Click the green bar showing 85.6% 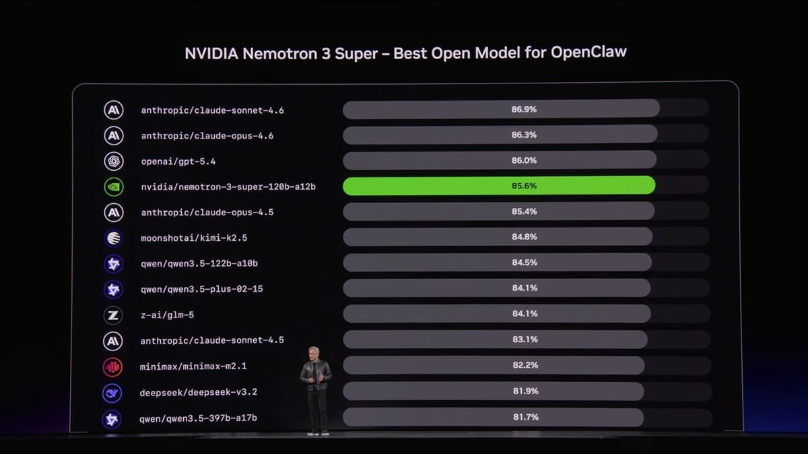tap(498, 186)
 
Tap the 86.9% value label tap(524, 109)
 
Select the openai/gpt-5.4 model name tap(178, 161)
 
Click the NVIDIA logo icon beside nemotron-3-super tap(113, 186)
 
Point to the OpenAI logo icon tap(113, 161)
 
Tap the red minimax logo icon tap(112, 367)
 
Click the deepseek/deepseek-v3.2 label tap(198, 392)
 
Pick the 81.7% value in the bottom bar tap(525, 418)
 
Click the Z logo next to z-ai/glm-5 tap(112, 315)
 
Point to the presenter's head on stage tap(314, 354)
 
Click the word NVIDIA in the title tap(210, 53)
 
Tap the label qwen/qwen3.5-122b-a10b tap(199, 264)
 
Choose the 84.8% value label tap(525, 237)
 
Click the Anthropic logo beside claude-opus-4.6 tap(113, 135)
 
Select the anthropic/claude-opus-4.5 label tap(207, 213)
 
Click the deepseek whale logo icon tap(112, 393)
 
